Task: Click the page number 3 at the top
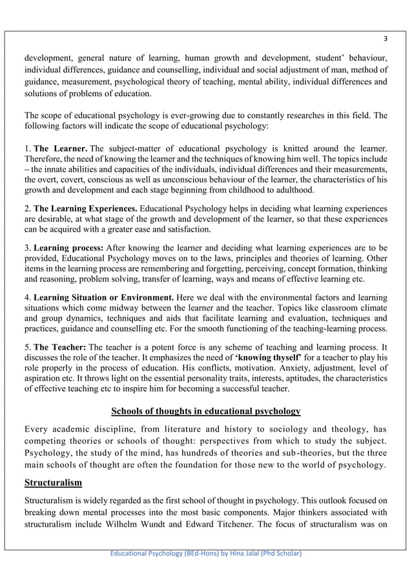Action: (384, 36)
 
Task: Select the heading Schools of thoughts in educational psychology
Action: (206, 411)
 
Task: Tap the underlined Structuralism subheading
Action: (54, 482)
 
